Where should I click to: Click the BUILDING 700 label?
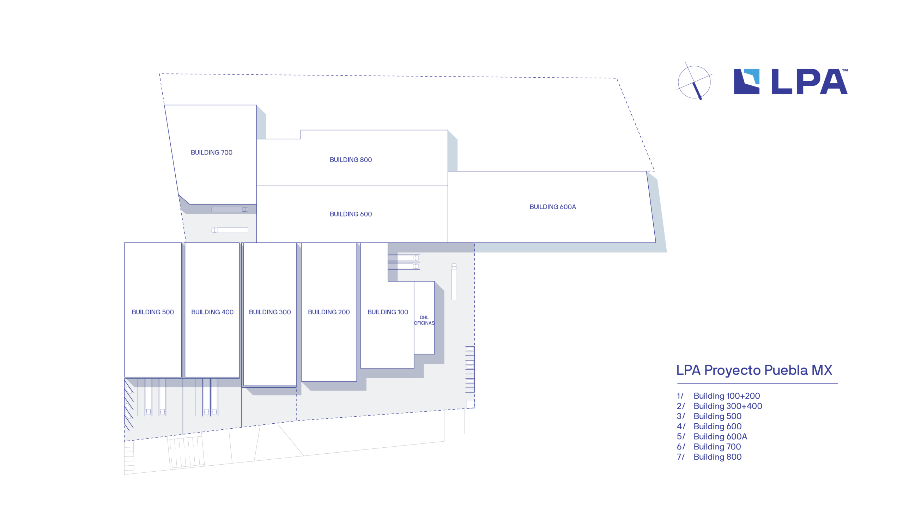[211, 152]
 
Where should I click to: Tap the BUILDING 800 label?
[351, 160]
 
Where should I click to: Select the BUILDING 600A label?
[552, 207]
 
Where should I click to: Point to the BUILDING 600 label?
[351, 214]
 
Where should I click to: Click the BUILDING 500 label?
[153, 312]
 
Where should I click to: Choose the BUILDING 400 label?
[212, 312]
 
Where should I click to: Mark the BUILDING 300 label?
[270, 312]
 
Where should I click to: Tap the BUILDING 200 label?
[329, 312]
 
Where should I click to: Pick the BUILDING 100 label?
[387, 312]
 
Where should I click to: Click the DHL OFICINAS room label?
[424, 320]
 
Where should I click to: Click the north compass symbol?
[694, 82]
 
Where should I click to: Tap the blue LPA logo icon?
[746, 81]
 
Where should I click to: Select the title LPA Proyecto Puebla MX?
[754, 370]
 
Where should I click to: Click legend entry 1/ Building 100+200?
[718, 396]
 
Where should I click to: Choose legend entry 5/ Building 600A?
[712, 436]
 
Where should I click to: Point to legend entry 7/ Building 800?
[709, 457]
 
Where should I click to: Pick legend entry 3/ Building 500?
[709, 416]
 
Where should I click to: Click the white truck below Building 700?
[230, 230]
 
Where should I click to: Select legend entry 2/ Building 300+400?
[719, 406]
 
